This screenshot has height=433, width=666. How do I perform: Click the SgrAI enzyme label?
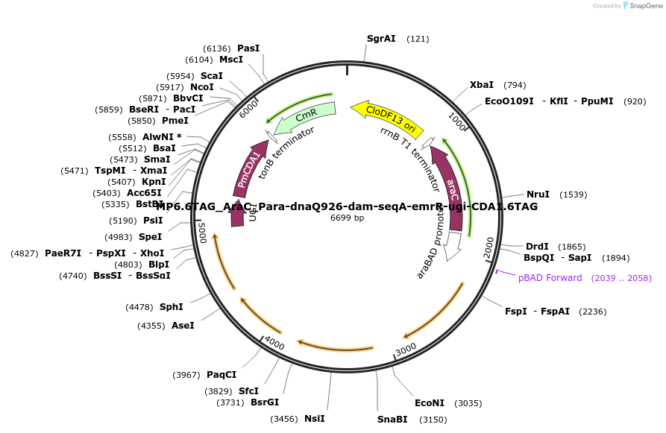381,38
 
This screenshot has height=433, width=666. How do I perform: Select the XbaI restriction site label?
481,85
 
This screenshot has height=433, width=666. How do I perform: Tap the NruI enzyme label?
538,195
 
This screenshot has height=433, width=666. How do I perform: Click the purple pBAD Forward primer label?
550,278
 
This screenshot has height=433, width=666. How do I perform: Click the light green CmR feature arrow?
306,116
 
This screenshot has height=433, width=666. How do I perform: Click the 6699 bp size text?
347,218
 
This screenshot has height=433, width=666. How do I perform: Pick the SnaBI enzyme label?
392,420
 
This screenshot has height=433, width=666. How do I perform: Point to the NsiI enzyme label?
314,418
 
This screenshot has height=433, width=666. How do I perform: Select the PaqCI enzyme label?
222,374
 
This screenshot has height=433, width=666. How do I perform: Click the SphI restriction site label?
172,306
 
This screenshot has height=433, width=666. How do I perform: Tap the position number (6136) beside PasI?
216,48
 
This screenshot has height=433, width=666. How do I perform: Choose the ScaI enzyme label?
212,76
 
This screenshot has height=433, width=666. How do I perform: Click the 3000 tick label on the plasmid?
405,349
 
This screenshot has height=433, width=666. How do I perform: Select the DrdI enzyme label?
537,247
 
